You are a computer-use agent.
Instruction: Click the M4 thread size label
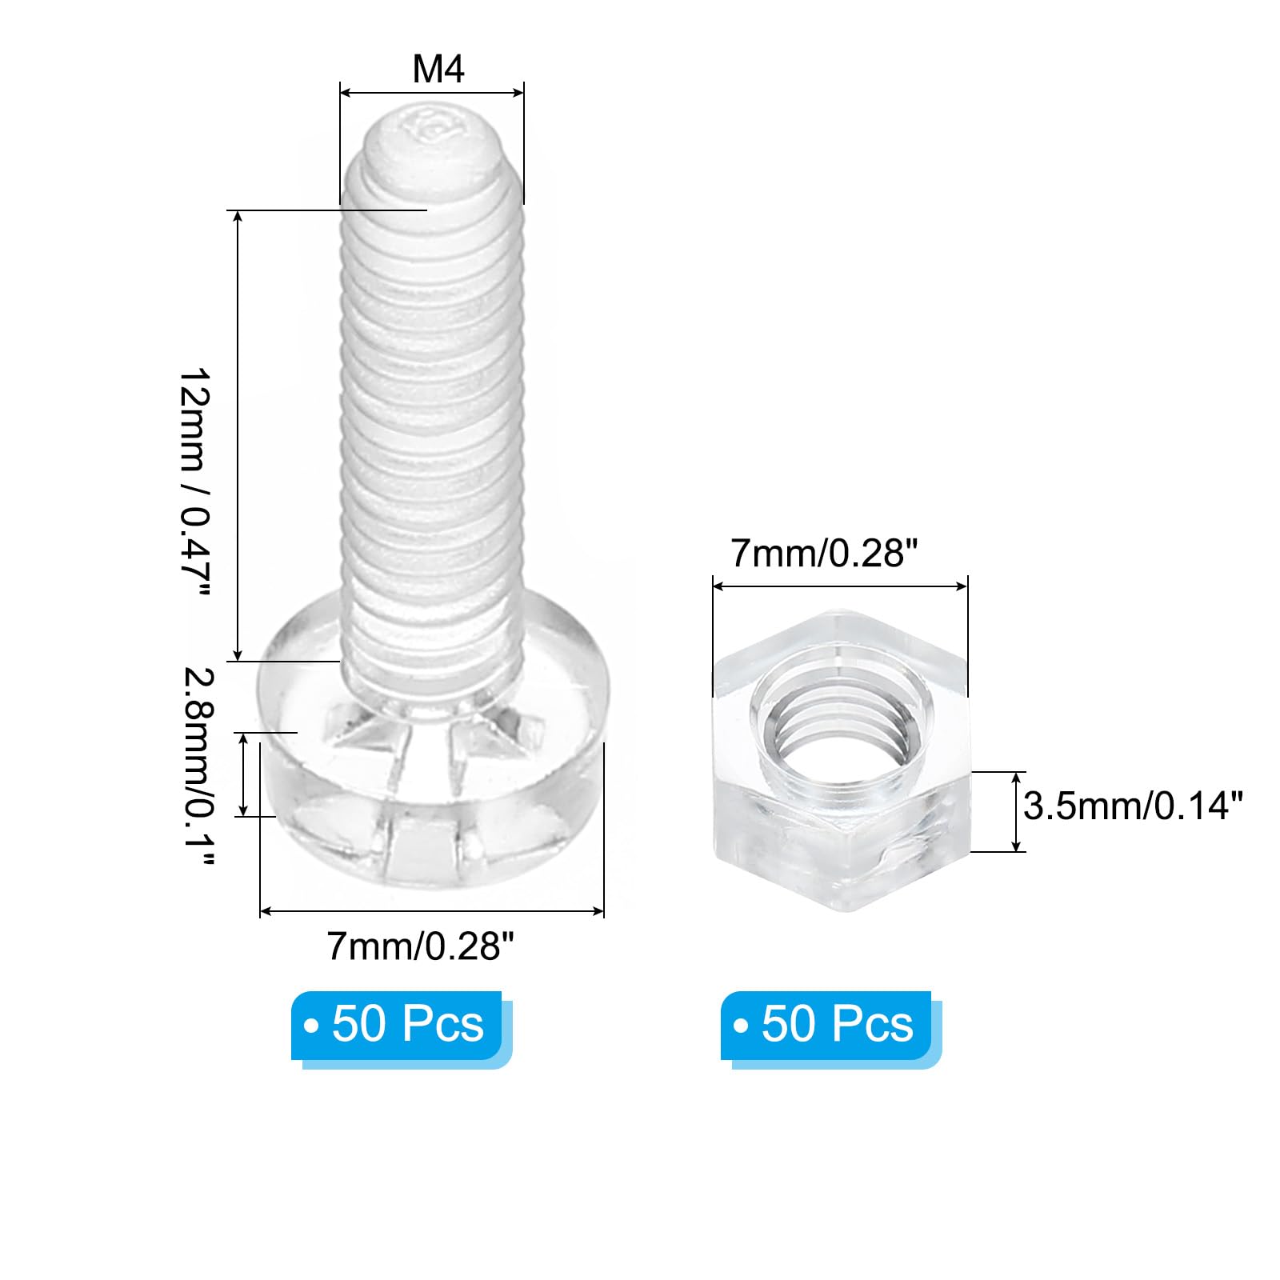pyautogui.click(x=438, y=70)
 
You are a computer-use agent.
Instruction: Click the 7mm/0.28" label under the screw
pyautogui.click(x=419, y=947)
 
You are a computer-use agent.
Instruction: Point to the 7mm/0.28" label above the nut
pyautogui.click(x=824, y=553)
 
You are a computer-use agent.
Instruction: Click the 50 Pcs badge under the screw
pyautogui.click(x=397, y=1026)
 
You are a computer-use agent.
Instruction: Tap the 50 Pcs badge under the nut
pyautogui.click(x=826, y=1026)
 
